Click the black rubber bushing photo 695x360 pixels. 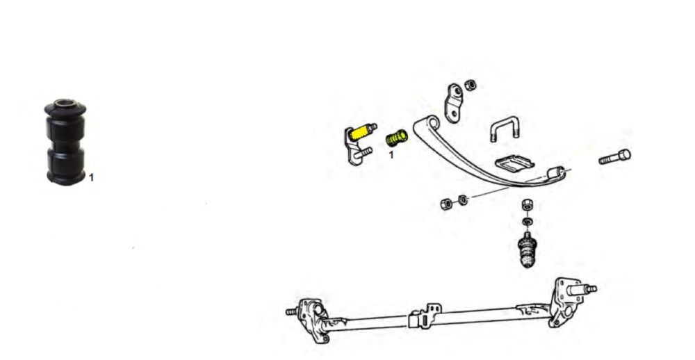pyautogui.click(x=65, y=142)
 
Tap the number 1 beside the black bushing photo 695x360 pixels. pyautogui.click(x=91, y=178)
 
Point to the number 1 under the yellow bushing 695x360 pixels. pyautogui.click(x=391, y=155)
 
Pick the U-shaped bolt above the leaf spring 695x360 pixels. pyautogui.click(x=505, y=127)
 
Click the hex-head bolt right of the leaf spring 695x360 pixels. pyautogui.click(x=615, y=157)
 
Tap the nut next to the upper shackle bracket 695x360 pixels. pyautogui.click(x=470, y=85)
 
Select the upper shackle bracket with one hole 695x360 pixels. pyautogui.click(x=453, y=103)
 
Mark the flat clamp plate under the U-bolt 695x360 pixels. pyautogui.click(x=514, y=163)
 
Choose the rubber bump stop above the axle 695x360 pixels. pyautogui.click(x=527, y=249)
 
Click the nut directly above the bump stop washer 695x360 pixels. pyautogui.click(x=527, y=204)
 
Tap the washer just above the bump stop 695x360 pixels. pyautogui.click(x=527, y=221)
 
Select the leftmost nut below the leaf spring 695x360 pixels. pyautogui.click(x=446, y=204)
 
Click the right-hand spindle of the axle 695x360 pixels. pyautogui.click(x=582, y=290)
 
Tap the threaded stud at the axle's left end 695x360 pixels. pyautogui.click(x=292, y=311)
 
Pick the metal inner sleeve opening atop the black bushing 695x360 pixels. pyautogui.click(x=65, y=104)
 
